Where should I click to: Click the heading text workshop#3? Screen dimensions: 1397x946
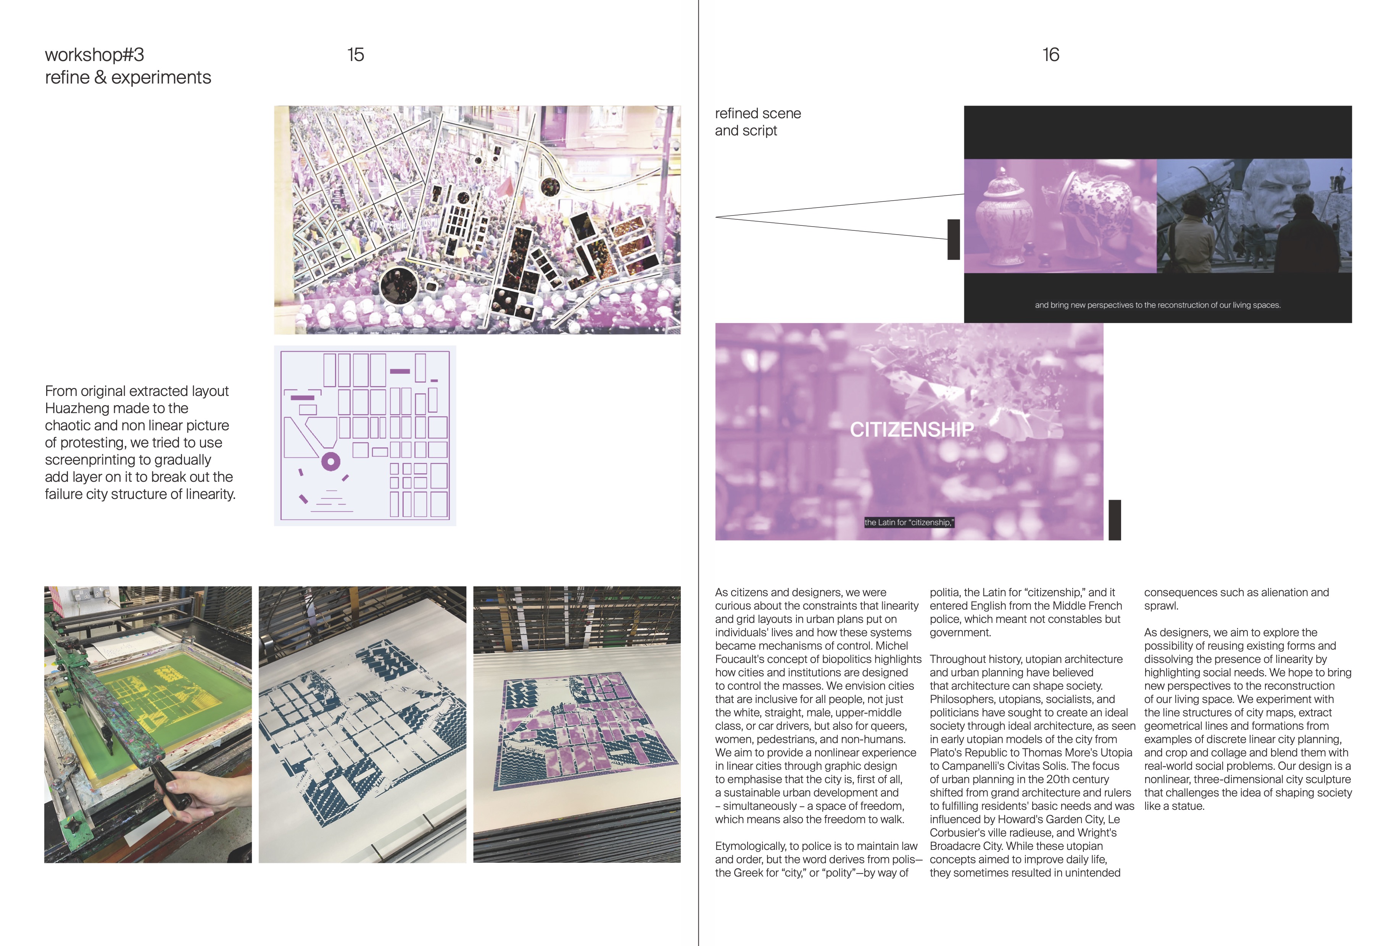point(94,55)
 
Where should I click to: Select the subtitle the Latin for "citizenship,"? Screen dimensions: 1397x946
point(909,522)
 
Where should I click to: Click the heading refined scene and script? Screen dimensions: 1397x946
point(757,122)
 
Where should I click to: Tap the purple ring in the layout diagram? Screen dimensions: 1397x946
point(330,462)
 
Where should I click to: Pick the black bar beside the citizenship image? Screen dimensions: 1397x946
point(1115,520)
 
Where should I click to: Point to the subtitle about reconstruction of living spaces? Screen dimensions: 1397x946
point(1157,305)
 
